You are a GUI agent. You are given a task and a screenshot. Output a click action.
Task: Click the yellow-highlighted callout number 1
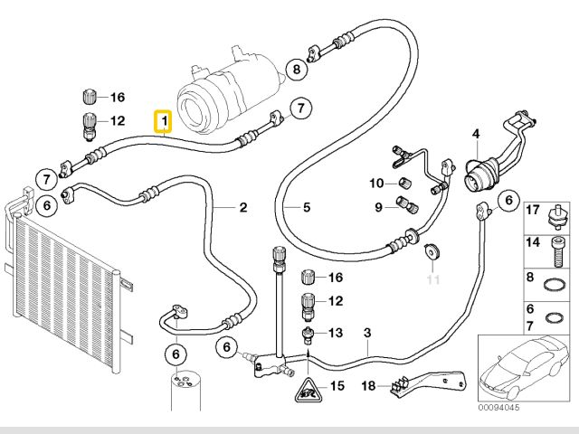pos(164,119)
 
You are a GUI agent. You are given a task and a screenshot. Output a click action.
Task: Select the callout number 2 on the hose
pos(243,208)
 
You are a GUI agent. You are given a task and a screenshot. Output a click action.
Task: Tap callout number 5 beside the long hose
pos(307,208)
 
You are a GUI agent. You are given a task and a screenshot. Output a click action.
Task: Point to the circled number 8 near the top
pos(297,69)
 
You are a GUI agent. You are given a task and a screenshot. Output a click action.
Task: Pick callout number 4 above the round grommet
pos(475,135)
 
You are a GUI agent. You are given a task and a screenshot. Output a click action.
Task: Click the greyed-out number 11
pos(432,279)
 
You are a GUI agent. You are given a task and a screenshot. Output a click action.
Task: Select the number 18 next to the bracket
pos(368,386)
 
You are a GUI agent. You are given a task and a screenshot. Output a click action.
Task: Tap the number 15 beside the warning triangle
pos(337,387)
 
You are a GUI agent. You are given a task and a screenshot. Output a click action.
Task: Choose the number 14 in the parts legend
pos(533,243)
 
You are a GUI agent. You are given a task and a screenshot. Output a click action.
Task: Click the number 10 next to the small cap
pos(376,184)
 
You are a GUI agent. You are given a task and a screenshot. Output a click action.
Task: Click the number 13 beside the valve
pos(336,333)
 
